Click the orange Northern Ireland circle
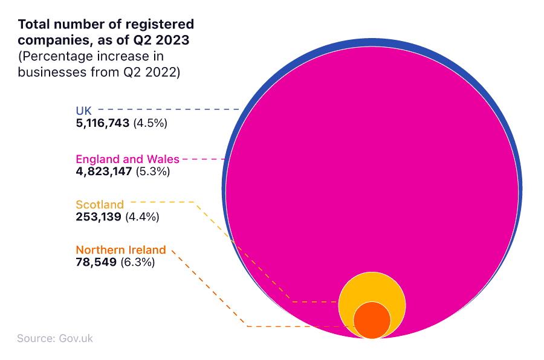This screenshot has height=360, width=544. click(372, 321)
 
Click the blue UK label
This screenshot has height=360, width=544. click(83, 111)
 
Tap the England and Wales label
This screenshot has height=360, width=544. click(127, 159)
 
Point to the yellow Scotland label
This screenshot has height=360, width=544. click(100, 205)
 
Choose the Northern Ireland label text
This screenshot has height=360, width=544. click(120, 250)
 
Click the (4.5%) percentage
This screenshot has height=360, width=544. click(151, 123)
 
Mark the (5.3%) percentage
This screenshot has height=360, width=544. click(153, 172)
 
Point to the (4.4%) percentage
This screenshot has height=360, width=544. click(143, 217)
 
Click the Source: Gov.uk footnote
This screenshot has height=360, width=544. click(55, 338)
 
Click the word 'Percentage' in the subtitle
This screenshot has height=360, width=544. click(54, 56)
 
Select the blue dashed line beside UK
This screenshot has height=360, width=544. click(169, 109)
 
